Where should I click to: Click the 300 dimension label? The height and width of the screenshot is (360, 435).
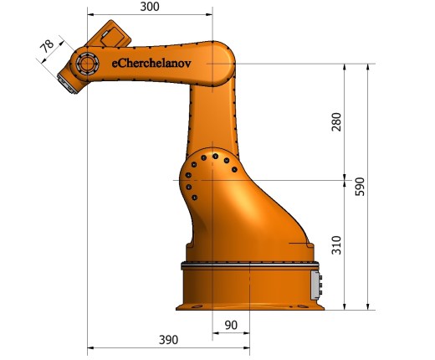(x=150, y=7)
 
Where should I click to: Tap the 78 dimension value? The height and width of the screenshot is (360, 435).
(x=47, y=46)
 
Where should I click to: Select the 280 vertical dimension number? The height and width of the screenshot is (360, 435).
(x=336, y=122)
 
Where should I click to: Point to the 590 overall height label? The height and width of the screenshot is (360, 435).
(x=360, y=187)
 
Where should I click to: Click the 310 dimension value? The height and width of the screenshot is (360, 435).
(x=336, y=245)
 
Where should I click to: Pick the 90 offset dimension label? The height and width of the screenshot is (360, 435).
(x=231, y=325)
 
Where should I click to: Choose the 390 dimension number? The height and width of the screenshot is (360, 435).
(x=168, y=340)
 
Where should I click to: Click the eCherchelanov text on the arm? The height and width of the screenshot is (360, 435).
(x=151, y=64)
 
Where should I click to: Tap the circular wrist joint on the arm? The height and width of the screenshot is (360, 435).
(x=87, y=64)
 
